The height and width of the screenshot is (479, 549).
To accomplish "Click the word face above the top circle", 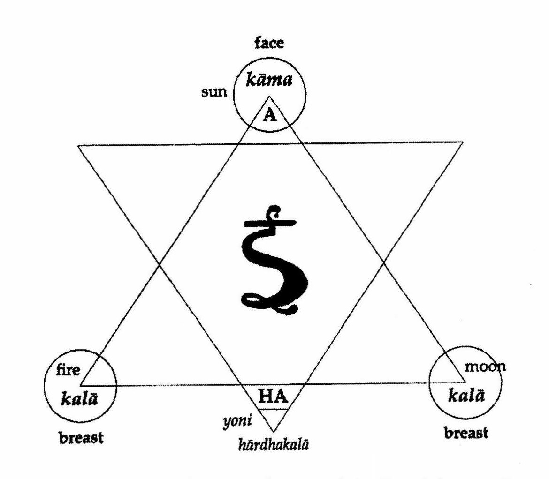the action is click(x=269, y=45).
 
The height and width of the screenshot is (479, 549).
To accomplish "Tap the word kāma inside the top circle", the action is click(x=269, y=80).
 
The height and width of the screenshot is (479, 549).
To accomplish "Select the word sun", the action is click(x=213, y=92).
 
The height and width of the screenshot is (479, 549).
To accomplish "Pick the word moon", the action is click(x=485, y=366).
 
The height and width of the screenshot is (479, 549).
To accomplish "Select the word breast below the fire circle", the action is click(x=81, y=439).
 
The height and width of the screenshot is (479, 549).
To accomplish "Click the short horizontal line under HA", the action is click(x=274, y=409).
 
